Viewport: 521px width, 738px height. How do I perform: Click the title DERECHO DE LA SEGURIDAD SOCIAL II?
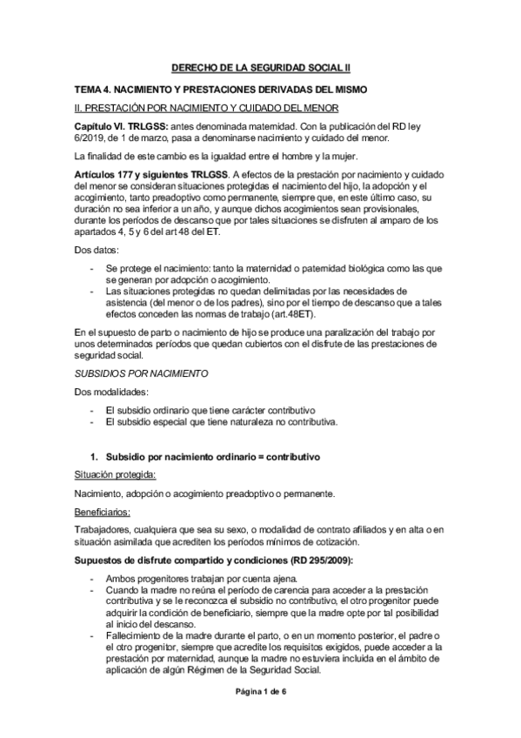click(x=260, y=67)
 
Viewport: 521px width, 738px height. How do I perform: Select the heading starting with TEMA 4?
click(x=221, y=90)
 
